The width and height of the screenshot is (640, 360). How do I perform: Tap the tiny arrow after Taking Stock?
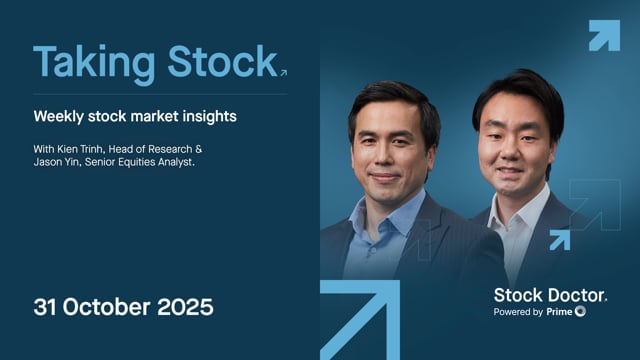click(x=284, y=72)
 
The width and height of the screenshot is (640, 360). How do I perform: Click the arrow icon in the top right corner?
click(x=603, y=35)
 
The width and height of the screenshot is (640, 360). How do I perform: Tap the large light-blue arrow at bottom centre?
click(x=360, y=320)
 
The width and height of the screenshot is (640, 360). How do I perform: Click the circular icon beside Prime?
click(x=581, y=312)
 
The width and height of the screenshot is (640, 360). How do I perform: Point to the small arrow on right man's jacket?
click(x=559, y=239)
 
